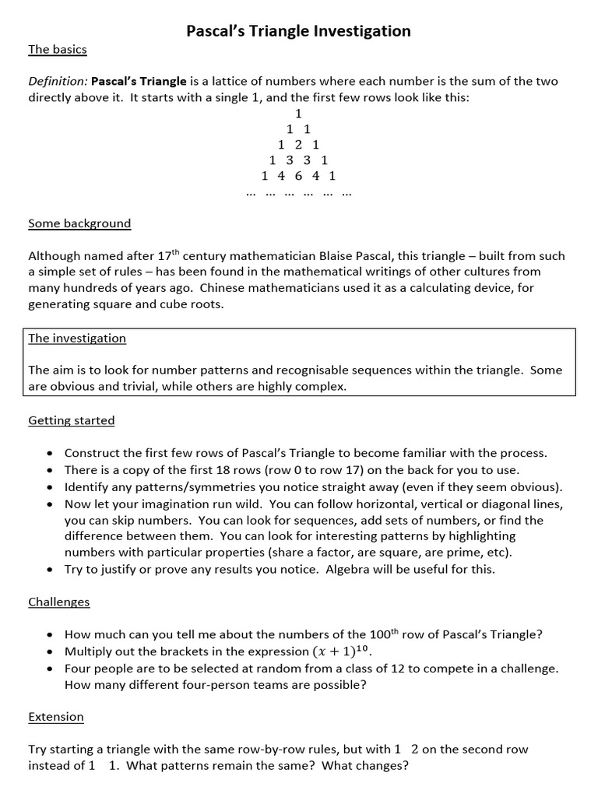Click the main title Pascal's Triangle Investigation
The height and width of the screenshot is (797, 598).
[298, 31]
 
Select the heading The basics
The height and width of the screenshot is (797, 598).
[58, 50]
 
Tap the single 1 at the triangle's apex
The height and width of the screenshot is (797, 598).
[298, 113]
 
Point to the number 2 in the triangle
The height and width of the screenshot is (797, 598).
[298, 145]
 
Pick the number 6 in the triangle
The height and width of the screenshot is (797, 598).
[298, 176]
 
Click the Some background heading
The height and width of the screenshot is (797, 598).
[79, 223]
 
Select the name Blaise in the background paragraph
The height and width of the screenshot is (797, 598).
[338, 256]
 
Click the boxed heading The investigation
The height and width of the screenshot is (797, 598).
[77, 339]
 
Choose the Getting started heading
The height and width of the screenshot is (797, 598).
[72, 420]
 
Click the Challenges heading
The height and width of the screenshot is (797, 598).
[59, 602]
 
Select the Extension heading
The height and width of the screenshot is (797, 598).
[56, 716]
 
